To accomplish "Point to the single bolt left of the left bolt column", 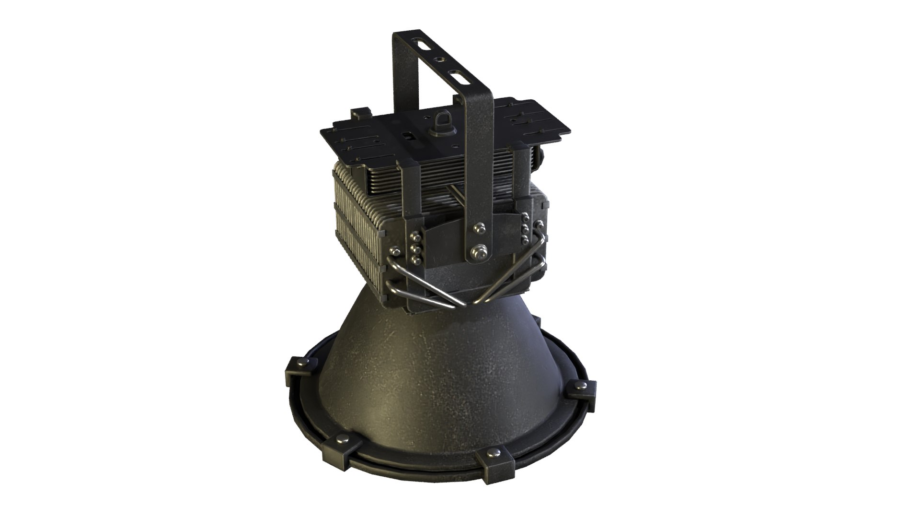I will tap(395, 251).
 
